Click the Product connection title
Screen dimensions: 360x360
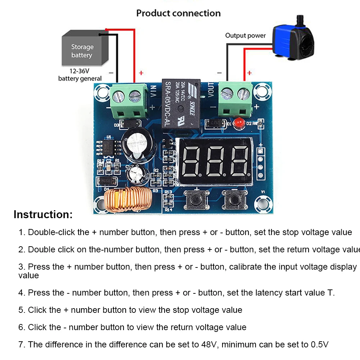[178, 13]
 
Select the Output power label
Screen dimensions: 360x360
[245, 35]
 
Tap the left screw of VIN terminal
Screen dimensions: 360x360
[118, 96]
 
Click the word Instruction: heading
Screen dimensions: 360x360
[43, 215]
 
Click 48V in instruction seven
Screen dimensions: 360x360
[209, 345]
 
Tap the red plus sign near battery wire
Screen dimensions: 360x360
[141, 73]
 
